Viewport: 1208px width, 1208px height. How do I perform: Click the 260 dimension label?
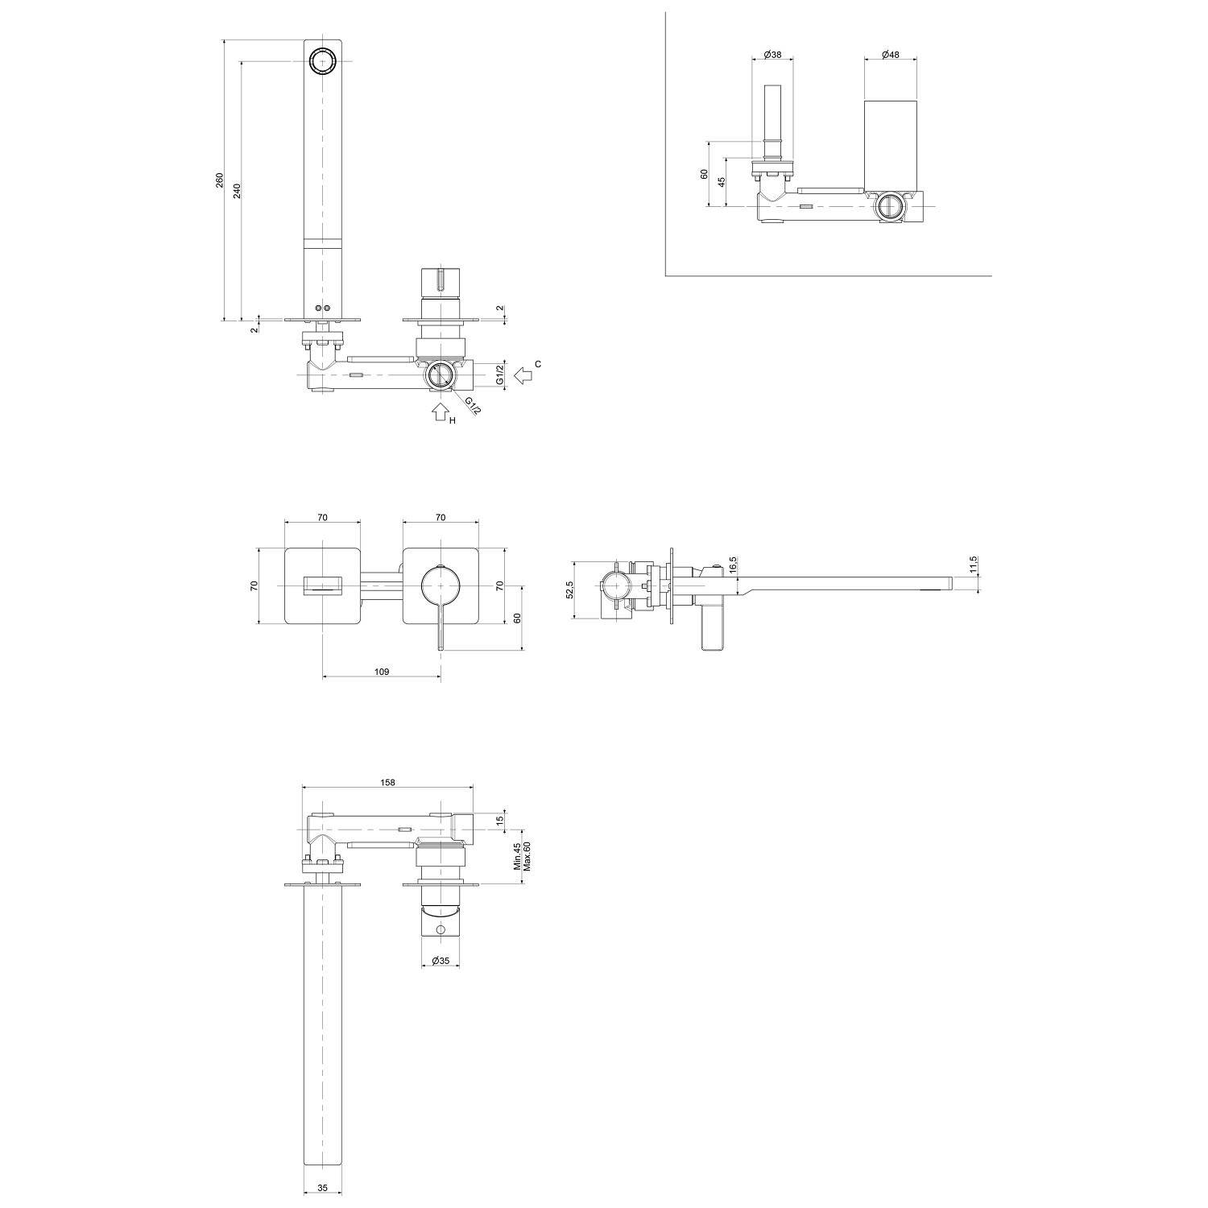pyautogui.click(x=220, y=180)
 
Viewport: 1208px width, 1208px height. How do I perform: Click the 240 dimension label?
pyautogui.click(x=237, y=191)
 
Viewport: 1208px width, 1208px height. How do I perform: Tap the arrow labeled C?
pyautogui.click(x=524, y=374)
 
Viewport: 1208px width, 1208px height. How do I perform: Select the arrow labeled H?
pyautogui.click(x=439, y=412)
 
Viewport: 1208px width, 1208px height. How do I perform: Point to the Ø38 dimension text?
pyautogui.click(x=772, y=54)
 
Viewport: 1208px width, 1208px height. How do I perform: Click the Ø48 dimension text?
pyautogui.click(x=891, y=54)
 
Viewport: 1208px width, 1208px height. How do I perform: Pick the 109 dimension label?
pyautogui.click(x=383, y=671)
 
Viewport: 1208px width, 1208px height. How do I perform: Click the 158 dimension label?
pyautogui.click(x=387, y=782)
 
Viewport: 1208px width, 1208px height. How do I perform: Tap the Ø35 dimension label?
pyautogui.click(x=441, y=961)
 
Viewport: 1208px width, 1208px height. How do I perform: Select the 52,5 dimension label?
pyautogui.click(x=570, y=590)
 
